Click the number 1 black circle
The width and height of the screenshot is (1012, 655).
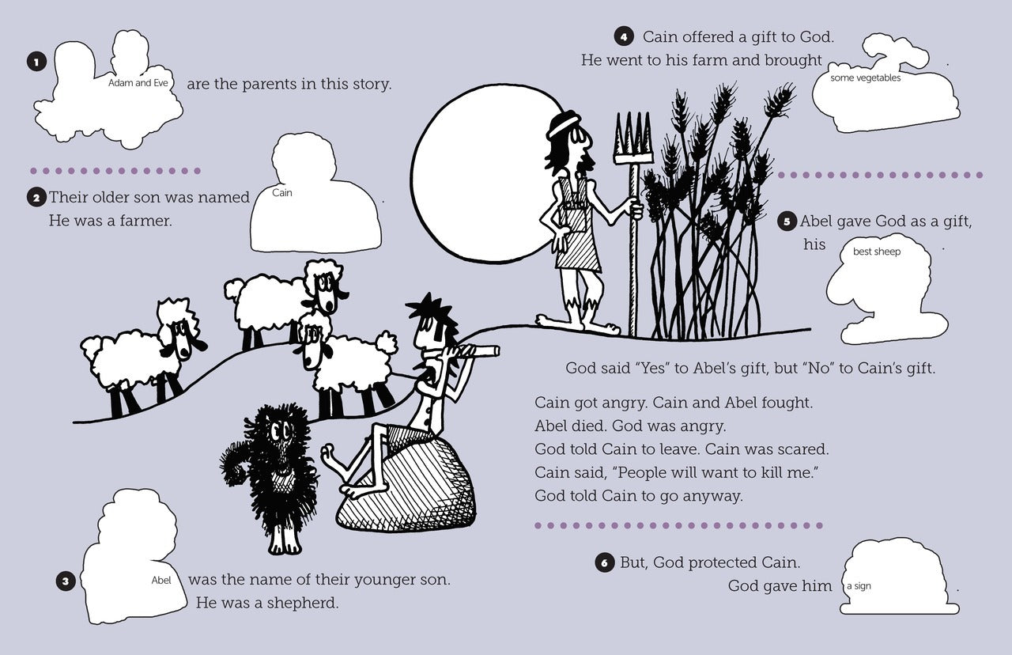36,62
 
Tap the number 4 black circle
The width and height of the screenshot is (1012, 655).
624,36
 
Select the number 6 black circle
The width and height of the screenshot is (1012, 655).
605,562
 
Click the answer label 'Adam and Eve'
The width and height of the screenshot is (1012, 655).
138,83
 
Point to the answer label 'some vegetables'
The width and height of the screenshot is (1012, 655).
865,78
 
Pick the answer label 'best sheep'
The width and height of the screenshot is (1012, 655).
877,252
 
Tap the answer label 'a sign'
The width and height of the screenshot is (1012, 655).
859,586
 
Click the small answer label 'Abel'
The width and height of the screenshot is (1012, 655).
161,580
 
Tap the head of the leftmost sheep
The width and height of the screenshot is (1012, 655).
182,330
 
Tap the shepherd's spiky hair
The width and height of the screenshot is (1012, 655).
429,309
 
